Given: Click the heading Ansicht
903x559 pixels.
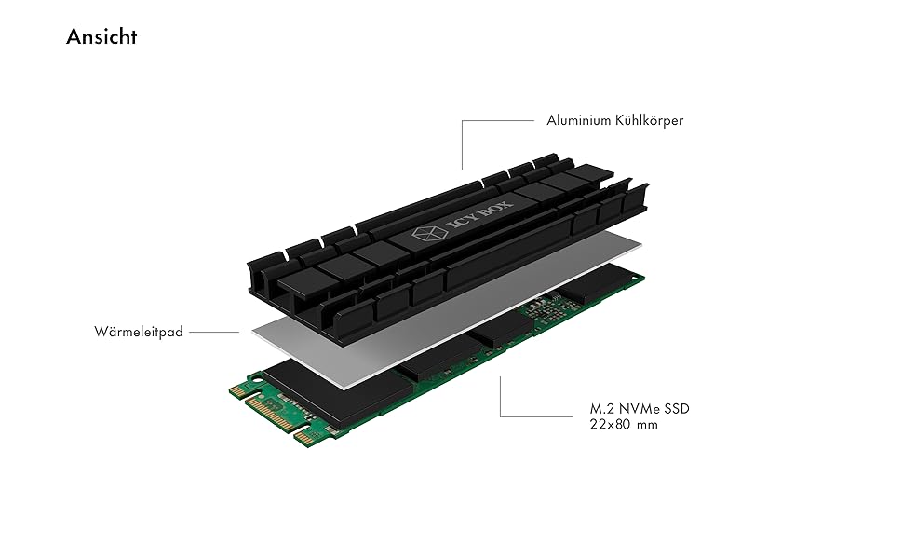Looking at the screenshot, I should [x=101, y=37].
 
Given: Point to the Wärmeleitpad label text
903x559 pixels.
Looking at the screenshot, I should [x=138, y=332].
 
